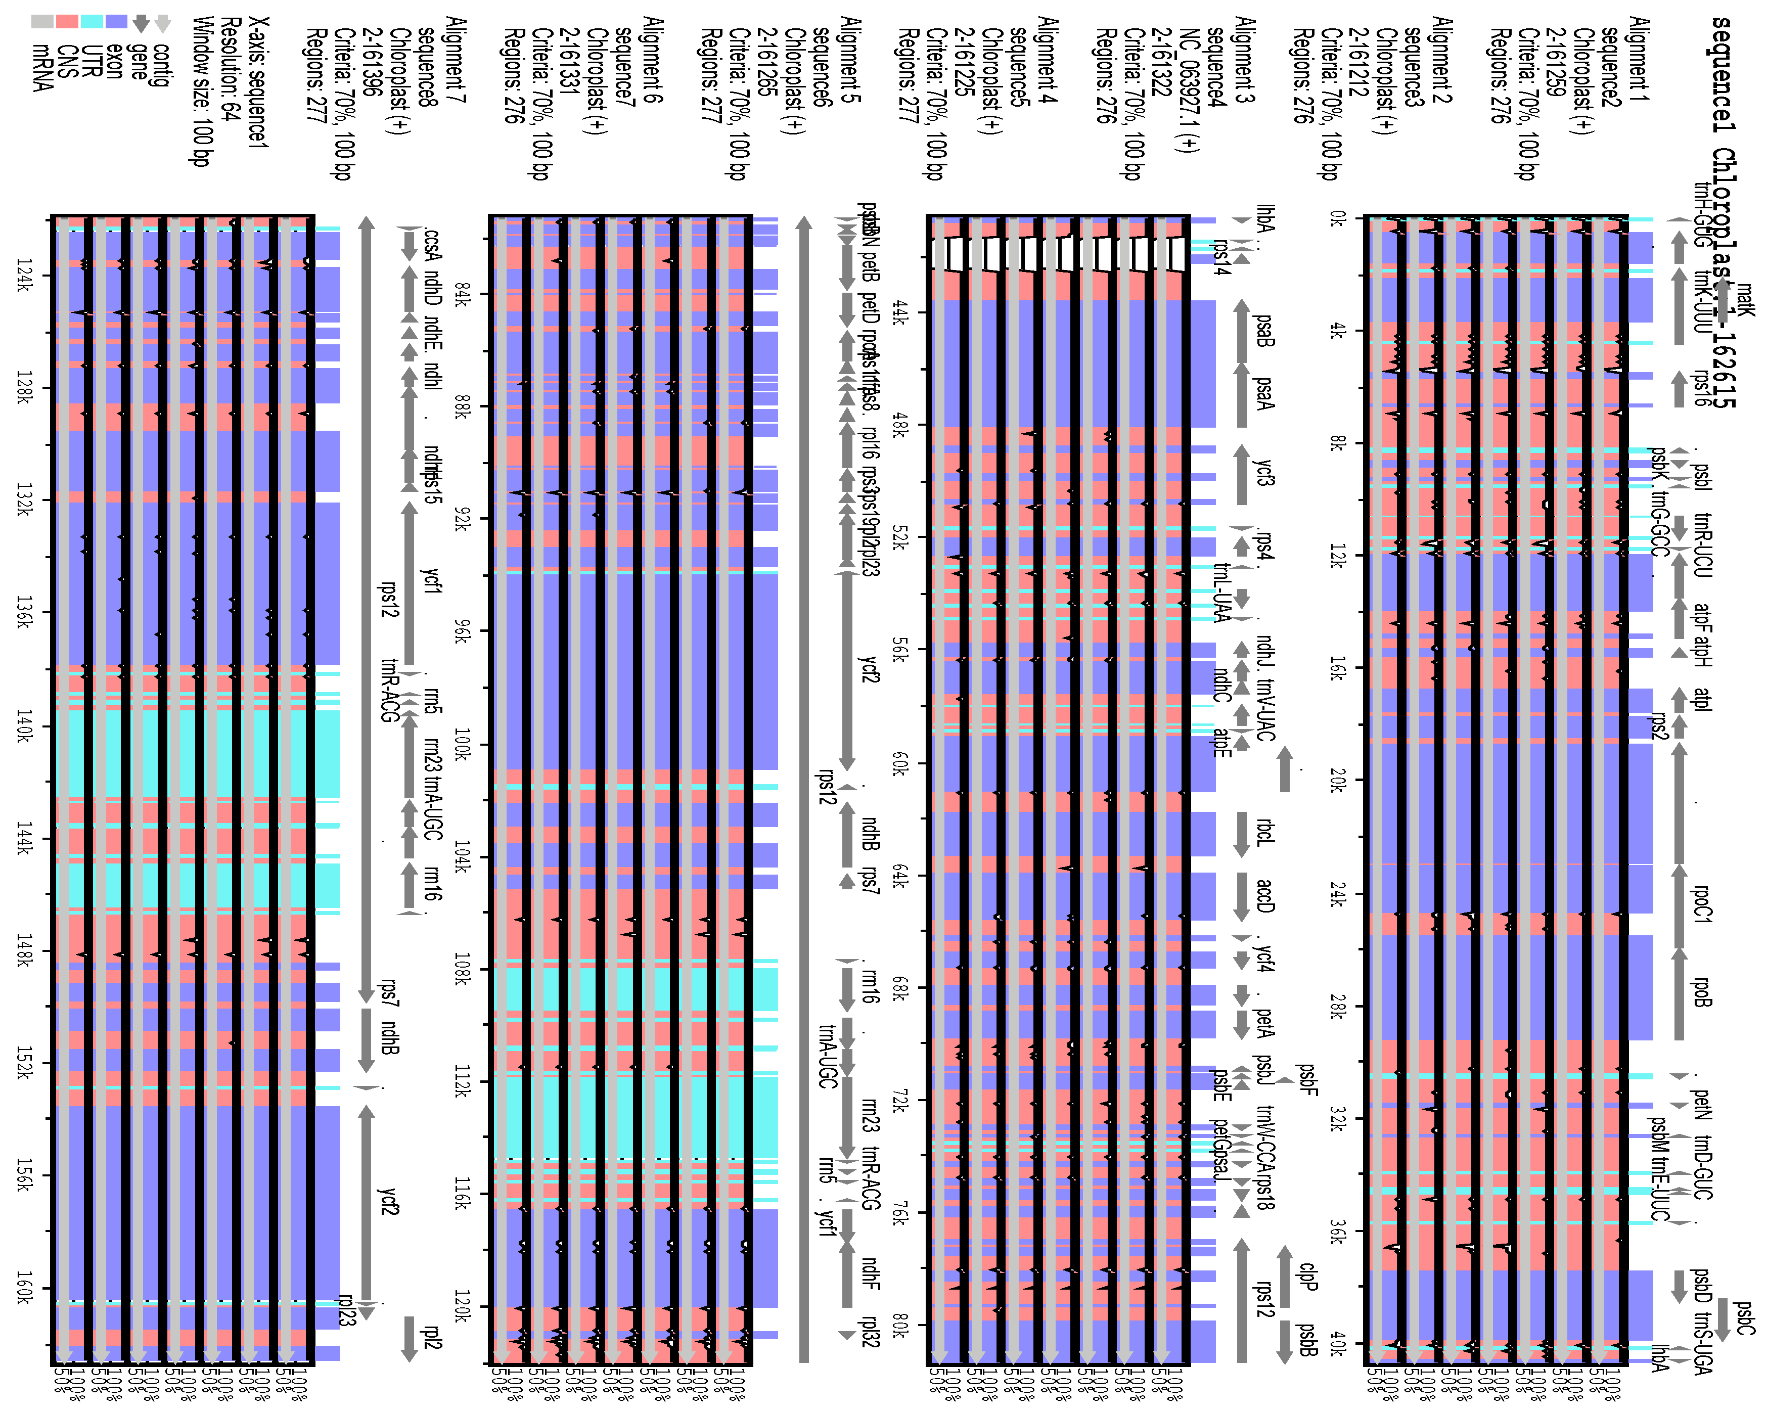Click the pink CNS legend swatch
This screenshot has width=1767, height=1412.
pos(67,22)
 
